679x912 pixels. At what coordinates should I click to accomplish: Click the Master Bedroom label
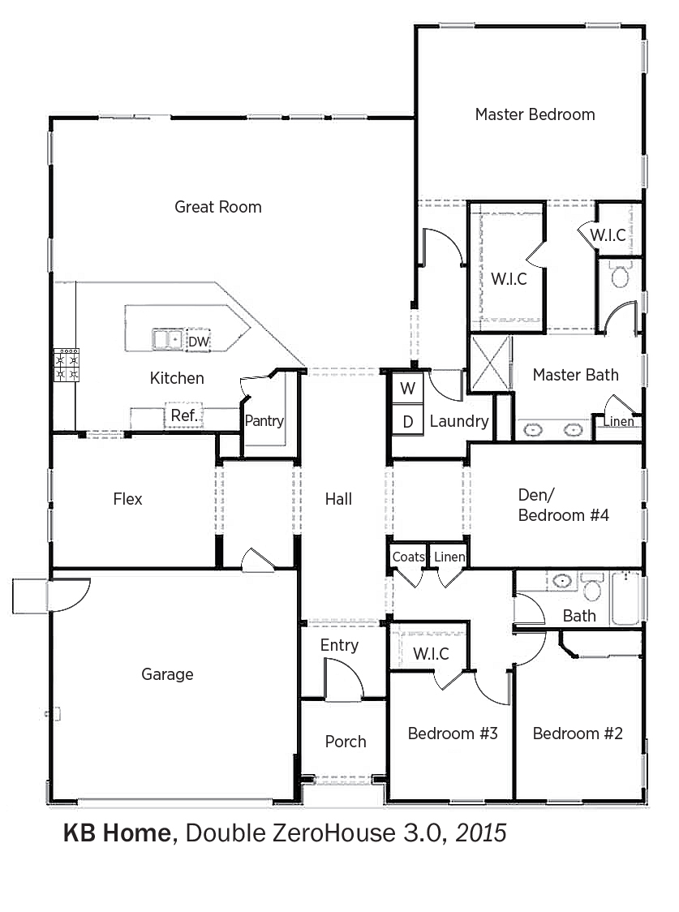click(535, 114)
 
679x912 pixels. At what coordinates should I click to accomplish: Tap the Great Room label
click(218, 207)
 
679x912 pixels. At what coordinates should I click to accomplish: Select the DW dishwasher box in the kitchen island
click(198, 342)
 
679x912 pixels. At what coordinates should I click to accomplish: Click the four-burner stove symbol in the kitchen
click(67, 365)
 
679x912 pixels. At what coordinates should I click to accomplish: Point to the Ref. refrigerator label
click(184, 415)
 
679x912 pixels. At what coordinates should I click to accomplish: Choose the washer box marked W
click(407, 388)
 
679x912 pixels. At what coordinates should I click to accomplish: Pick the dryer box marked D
click(407, 422)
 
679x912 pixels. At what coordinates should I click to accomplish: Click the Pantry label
click(264, 420)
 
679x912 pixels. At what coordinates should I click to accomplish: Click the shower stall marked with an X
click(491, 363)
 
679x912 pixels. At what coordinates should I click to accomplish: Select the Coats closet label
click(409, 557)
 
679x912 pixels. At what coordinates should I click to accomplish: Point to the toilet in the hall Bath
click(592, 587)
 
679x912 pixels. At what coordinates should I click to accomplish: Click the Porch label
click(346, 742)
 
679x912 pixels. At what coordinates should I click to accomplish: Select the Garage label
click(167, 675)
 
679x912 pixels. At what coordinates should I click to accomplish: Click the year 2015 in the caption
click(481, 833)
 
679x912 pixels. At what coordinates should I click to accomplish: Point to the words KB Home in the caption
click(117, 833)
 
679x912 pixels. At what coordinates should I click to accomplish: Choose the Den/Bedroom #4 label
click(563, 505)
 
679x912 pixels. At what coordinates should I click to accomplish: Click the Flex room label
click(128, 499)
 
